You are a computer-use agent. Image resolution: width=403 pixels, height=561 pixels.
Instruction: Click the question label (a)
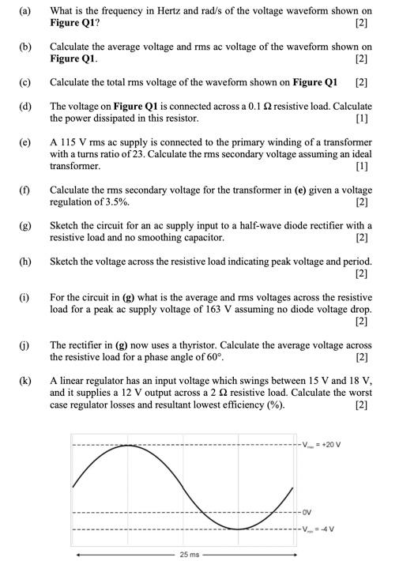[24, 12]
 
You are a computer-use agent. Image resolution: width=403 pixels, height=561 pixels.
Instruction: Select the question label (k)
[24, 380]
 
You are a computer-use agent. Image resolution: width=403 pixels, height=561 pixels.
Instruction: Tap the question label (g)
[24, 225]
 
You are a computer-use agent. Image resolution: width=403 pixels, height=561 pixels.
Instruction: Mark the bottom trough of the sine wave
[237, 528]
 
